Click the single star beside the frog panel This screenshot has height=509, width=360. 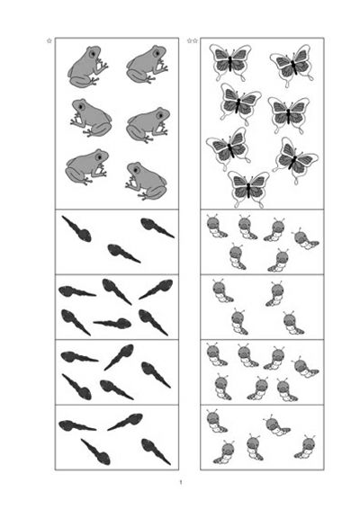(49, 40)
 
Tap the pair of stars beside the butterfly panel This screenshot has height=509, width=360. (193, 40)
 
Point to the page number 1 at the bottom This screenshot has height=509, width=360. (181, 482)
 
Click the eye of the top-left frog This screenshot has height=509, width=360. (94, 53)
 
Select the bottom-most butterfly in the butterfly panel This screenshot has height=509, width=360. (248, 189)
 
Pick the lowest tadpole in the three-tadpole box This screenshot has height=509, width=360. (124, 254)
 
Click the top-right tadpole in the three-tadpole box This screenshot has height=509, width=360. (157, 228)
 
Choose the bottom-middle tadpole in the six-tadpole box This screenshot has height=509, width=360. (112, 323)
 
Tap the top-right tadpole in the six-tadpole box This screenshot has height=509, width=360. (157, 289)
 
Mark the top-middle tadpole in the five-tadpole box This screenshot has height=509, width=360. (119, 357)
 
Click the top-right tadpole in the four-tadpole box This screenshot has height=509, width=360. (125, 422)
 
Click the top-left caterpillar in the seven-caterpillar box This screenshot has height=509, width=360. (216, 354)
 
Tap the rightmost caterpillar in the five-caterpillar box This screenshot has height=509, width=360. (305, 447)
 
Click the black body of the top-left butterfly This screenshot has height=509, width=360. (230, 63)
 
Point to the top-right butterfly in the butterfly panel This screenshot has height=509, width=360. (292, 65)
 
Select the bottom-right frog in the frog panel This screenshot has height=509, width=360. (147, 181)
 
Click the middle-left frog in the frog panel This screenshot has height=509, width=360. (91, 118)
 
